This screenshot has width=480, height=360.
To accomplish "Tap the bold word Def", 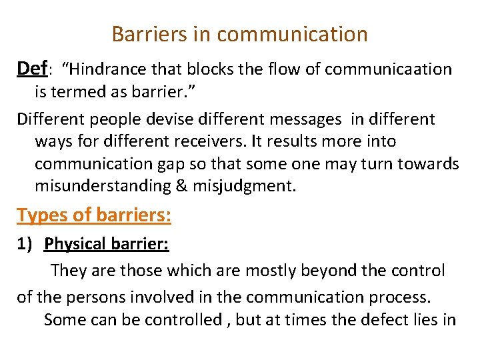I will click(x=32, y=68).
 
